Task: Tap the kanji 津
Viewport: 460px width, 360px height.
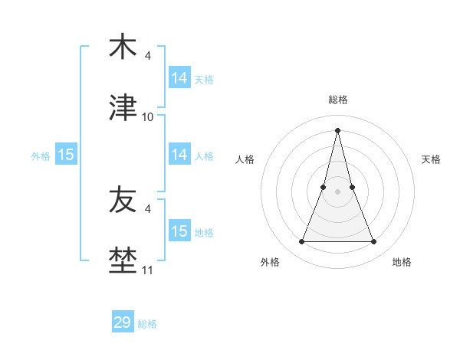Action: pos(123,109)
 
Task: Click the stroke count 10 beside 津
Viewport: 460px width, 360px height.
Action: pos(148,117)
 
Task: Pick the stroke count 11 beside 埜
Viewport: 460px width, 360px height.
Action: pos(148,270)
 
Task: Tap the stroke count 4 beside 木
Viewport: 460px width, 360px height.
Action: pos(148,56)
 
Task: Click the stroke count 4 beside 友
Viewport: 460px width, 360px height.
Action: pos(148,209)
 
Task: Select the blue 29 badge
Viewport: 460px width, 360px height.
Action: pos(123,322)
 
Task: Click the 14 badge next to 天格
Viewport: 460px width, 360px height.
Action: pos(179,78)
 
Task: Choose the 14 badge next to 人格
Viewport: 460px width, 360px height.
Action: pos(179,155)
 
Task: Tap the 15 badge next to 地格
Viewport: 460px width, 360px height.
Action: pos(179,231)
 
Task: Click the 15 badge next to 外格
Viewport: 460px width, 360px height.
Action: pos(66,155)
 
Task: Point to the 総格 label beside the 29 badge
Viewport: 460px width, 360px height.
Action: pos(147,324)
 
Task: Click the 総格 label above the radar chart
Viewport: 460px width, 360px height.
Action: pos(338,100)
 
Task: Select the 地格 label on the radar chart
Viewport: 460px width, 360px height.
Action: pos(402,263)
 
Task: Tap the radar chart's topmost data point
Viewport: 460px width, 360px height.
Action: pos(338,129)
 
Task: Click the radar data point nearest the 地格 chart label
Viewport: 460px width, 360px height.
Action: pos(374,242)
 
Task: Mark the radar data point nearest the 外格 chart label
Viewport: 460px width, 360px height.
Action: pos(301,242)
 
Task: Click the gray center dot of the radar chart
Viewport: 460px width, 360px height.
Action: pos(338,191)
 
